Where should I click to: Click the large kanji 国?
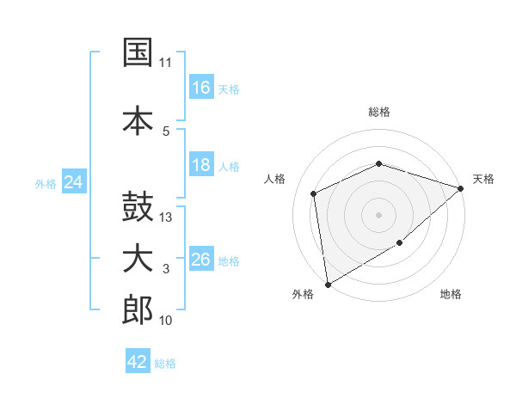click(x=138, y=52)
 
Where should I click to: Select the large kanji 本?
click(x=138, y=120)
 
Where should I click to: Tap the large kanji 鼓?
click(x=138, y=206)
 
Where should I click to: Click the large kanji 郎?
click(x=138, y=309)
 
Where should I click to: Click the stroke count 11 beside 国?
click(x=165, y=63)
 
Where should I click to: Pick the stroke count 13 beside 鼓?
click(x=165, y=217)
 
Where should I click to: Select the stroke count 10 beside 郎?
click(x=165, y=320)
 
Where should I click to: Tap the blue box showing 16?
click(x=201, y=87)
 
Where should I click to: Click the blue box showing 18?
click(x=201, y=164)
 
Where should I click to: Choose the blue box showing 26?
click(x=201, y=258)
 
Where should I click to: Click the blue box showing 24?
click(x=74, y=181)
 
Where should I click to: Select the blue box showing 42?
click(x=138, y=360)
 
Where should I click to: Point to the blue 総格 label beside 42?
click(x=165, y=364)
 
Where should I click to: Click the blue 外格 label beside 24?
click(x=46, y=184)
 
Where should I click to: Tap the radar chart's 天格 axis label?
click(x=483, y=179)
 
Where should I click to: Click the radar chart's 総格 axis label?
click(x=379, y=112)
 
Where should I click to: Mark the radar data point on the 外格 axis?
click(x=328, y=285)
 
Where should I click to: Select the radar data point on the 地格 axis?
click(x=400, y=242)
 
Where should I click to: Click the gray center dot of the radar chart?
click(x=378, y=215)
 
